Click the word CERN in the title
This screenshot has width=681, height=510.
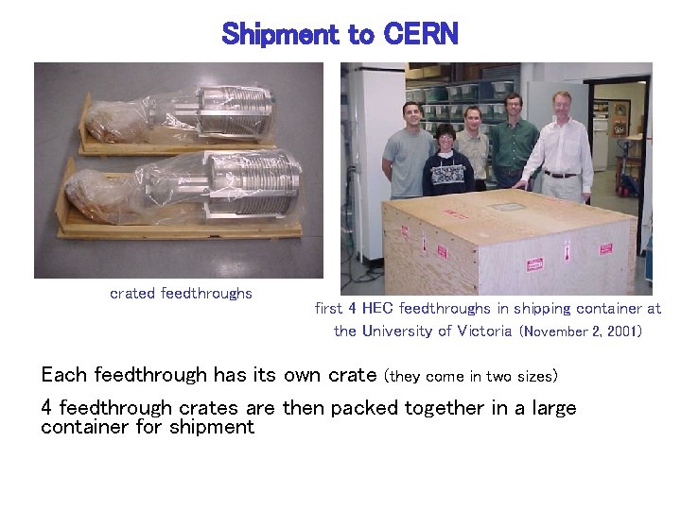click(421, 35)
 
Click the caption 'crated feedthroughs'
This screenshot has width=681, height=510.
click(181, 293)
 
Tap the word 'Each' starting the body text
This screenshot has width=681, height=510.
click(64, 375)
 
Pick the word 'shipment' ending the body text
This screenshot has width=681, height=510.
click(214, 426)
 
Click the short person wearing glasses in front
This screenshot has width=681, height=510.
click(446, 161)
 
